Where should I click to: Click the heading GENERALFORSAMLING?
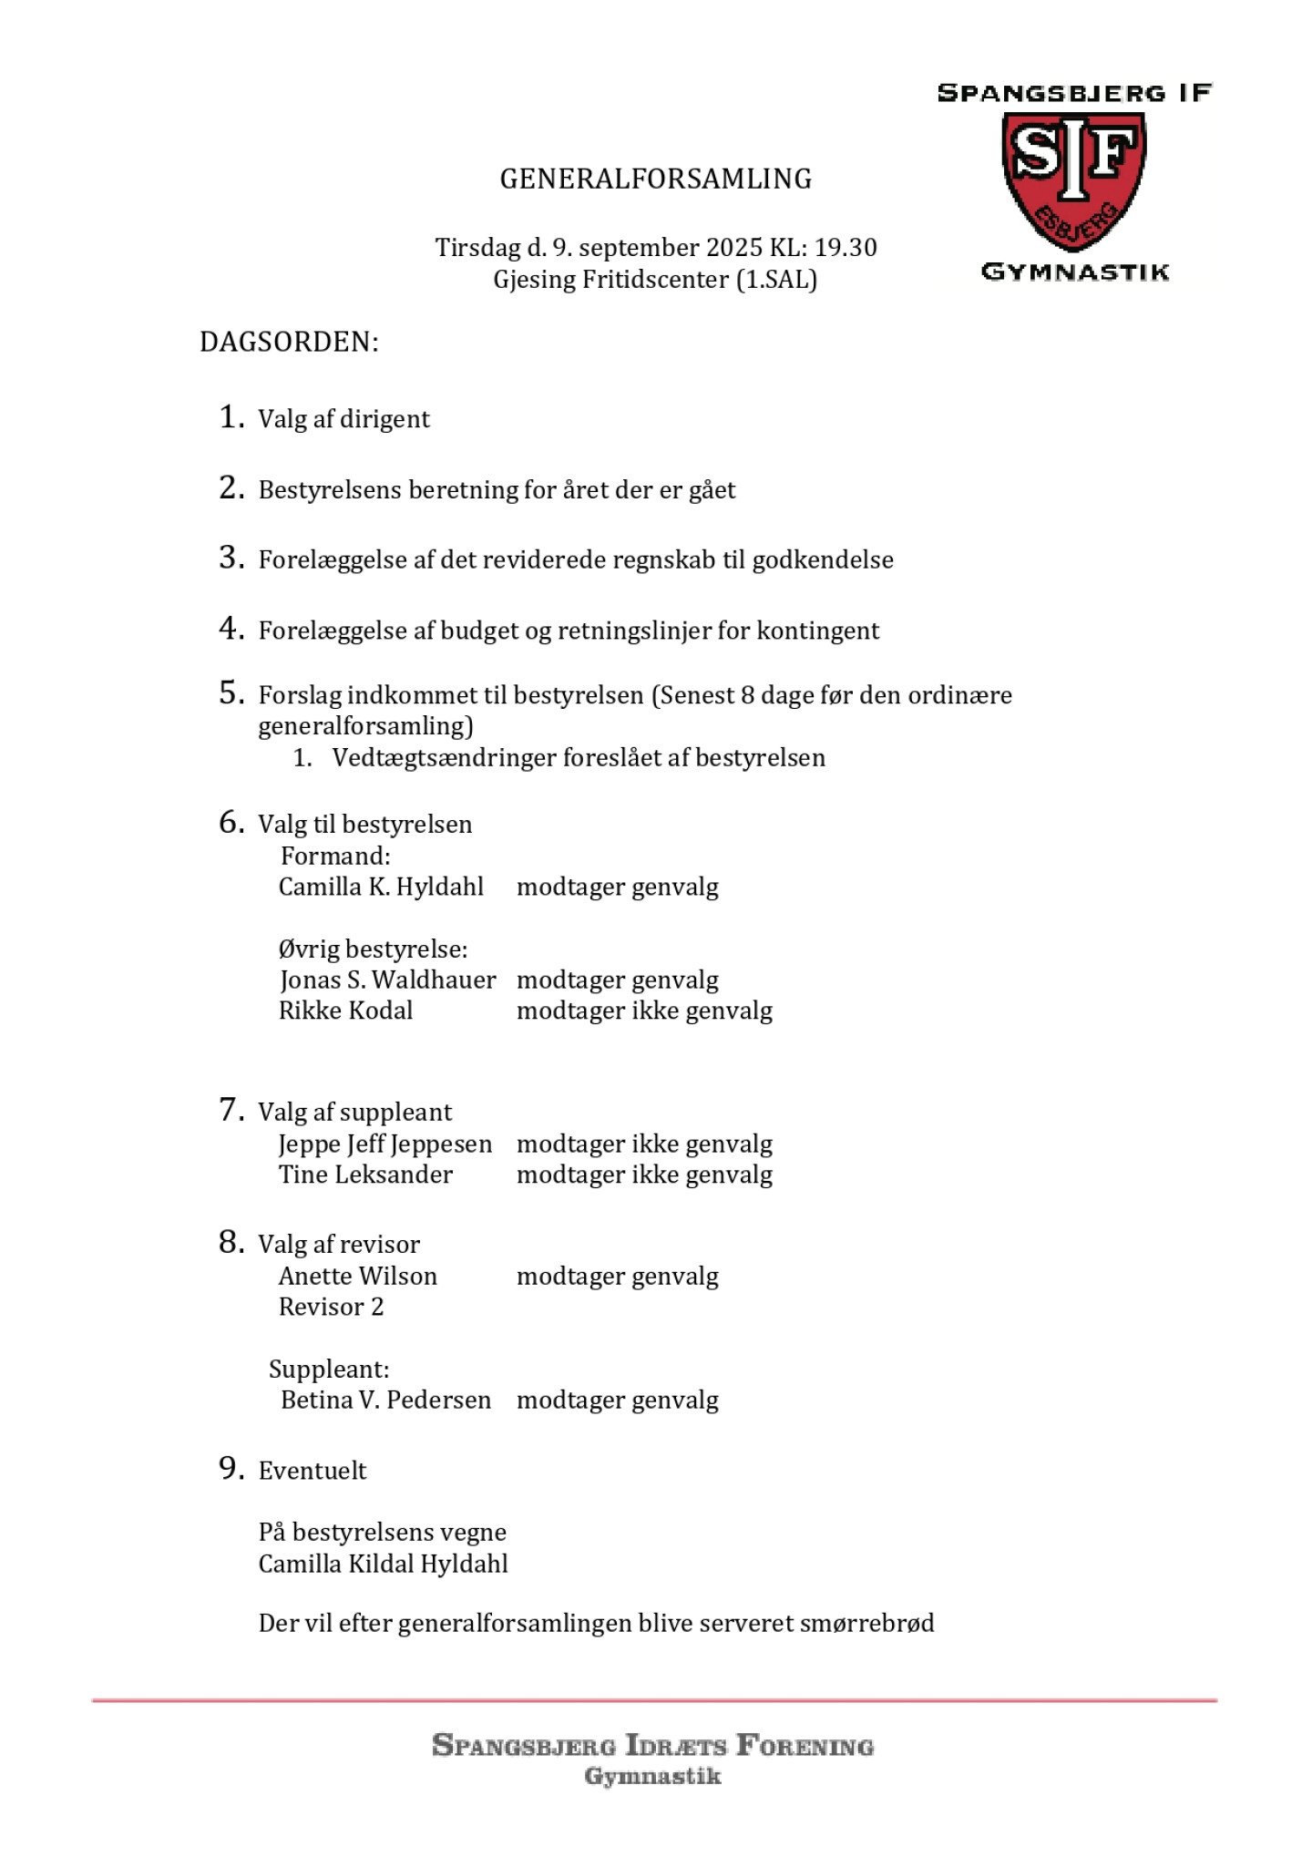[655, 179]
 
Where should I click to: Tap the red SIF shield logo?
[1074, 179]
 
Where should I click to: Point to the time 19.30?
[846, 248]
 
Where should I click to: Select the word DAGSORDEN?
[288, 343]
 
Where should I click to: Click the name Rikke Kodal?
[345, 1011]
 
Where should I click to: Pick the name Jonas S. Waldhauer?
[387, 980]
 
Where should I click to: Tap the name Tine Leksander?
[365, 1175]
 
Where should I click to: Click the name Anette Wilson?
[357, 1277]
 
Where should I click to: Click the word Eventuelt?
[313, 1471]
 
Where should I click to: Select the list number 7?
[231, 1110]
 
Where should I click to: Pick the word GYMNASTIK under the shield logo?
[1075, 272]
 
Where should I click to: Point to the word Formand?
[335, 857]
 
